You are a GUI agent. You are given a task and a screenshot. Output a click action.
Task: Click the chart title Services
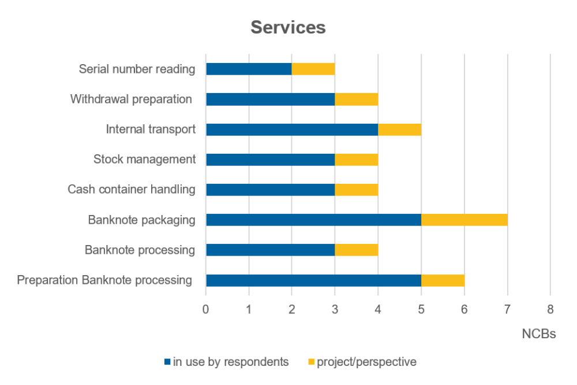click(x=288, y=27)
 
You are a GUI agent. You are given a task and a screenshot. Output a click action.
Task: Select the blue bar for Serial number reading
click(x=249, y=69)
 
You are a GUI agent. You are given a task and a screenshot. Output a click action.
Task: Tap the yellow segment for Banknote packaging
click(x=464, y=220)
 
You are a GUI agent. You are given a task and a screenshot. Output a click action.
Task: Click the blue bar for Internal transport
click(x=291, y=129)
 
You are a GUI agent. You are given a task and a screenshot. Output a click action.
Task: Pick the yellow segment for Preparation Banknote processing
click(x=443, y=280)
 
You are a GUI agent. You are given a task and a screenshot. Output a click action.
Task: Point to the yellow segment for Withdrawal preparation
click(x=356, y=99)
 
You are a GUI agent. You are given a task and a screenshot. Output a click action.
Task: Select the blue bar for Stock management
click(x=270, y=160)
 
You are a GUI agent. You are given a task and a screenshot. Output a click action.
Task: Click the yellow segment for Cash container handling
click(x=356, y=190)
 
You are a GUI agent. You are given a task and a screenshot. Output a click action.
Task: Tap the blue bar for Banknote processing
click(x=270, y=250)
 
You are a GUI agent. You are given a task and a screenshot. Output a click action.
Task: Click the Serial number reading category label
click(x=137, y=69)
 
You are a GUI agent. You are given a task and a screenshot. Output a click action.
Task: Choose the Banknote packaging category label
click(x=141, y=220)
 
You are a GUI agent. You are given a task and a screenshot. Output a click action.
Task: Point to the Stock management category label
click(x=144, y=160)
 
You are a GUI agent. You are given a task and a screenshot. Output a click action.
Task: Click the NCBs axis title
click(x=538, y=334)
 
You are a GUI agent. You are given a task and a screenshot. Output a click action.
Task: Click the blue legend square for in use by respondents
click(x=167, y=362)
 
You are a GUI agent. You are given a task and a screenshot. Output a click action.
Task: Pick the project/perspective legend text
click(x=366, y=362)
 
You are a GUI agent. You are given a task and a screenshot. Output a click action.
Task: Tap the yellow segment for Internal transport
click(x=399, y=129)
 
